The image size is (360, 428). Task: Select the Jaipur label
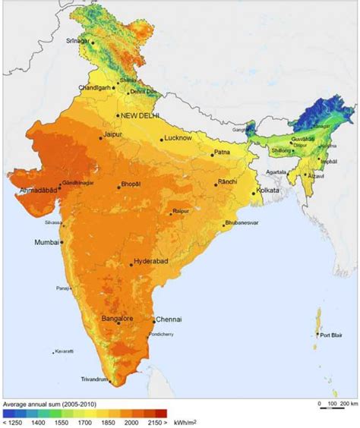coord(111,136)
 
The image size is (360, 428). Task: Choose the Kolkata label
coord(268,190)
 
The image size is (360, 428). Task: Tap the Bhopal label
coord(131,185)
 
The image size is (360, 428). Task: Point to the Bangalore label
coord(118,319)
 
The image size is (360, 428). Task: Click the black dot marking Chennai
coord(154,321)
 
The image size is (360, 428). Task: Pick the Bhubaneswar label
coord(242,223)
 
